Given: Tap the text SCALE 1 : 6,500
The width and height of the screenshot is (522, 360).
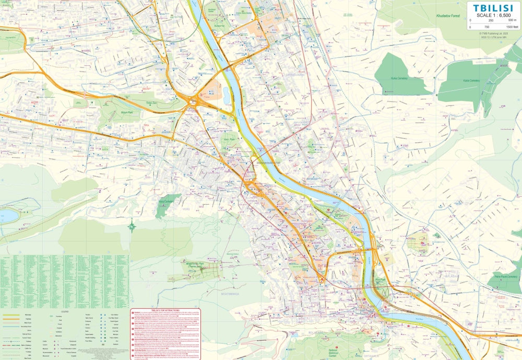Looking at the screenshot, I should [493, 15].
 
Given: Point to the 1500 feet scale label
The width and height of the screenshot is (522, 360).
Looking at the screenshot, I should [512, 27].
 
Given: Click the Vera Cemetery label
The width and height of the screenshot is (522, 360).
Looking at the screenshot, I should [166, 202].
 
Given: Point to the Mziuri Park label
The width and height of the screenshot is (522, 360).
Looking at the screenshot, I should [121, 111].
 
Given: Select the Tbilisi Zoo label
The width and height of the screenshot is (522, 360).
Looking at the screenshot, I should [151, 103].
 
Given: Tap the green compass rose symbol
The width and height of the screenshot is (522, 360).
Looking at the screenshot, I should [132, 226].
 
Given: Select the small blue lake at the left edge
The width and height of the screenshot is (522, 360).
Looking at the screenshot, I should [8, 215].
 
